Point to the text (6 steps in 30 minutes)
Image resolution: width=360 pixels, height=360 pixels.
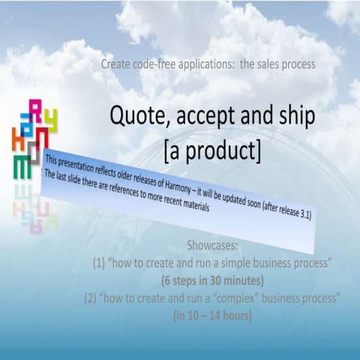(x=212, y=280)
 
